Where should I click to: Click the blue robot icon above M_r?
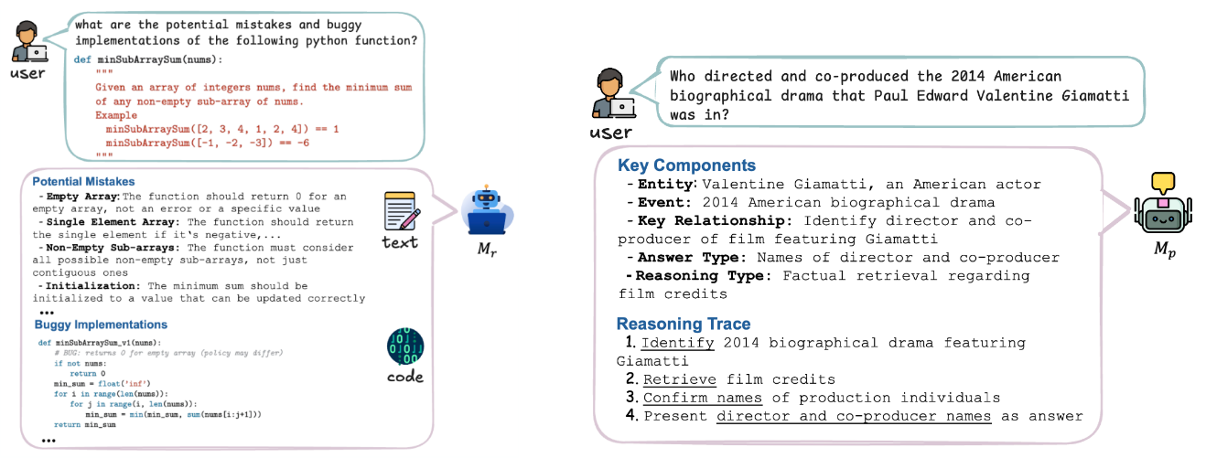485,212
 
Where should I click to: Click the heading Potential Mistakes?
83,182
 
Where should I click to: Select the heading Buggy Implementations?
101,325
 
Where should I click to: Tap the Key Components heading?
686,165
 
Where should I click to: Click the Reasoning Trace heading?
684,324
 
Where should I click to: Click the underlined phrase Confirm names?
702,398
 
